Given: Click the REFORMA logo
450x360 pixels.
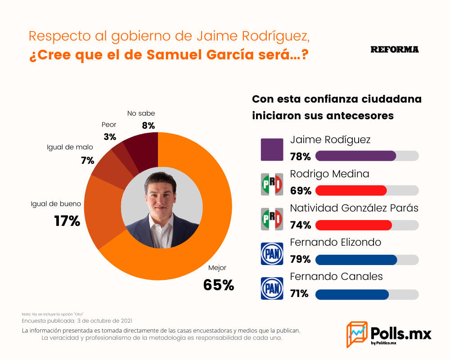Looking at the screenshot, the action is click(395, 49).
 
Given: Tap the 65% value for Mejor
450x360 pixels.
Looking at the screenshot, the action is click(219, 285).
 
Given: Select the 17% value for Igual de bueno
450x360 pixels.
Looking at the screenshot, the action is click(67, 221).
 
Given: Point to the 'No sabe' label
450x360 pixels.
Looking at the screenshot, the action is click(141, 113).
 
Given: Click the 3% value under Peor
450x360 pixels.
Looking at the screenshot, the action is click(110, 137).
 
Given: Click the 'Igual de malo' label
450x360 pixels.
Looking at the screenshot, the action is click(70, 147).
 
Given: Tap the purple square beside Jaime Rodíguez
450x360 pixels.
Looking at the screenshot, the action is click(272, 149).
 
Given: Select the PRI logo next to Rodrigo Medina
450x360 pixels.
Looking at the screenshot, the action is click(272, 184).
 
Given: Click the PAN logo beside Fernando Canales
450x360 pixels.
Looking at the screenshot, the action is click(272, 288).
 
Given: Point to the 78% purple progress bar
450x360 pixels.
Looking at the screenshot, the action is click(356, 156).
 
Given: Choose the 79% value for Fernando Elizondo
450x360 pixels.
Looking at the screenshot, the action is click(301, 259).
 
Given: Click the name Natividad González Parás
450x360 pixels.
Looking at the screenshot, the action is click(354, 208).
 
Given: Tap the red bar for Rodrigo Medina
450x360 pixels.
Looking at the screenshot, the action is click(351, 191).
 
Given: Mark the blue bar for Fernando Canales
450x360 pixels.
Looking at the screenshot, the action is click(352, 295).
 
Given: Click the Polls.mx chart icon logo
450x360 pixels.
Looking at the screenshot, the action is click(357, 334).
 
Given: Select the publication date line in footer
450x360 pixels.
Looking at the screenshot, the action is click(77, 321).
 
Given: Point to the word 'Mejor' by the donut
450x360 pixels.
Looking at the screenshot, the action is click(217, 268).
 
